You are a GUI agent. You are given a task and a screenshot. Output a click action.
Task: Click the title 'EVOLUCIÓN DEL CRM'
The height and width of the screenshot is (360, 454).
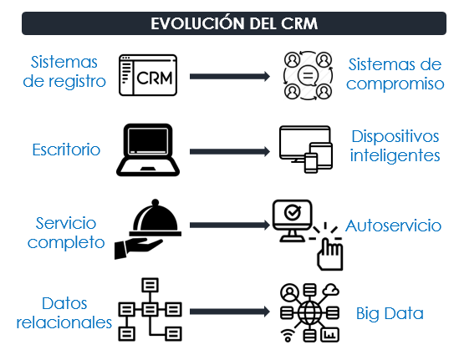click(x=234, y=23)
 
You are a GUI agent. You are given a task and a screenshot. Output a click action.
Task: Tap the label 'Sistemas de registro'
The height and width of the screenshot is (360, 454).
click(x=64, y=72)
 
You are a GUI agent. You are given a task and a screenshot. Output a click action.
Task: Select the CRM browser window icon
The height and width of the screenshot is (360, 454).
click(x=148, y=75)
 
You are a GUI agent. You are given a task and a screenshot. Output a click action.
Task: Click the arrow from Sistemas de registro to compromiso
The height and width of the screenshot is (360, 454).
click(x=230, y=76)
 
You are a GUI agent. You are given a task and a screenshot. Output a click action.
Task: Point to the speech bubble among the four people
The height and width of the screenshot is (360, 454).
click(x=308, y=76)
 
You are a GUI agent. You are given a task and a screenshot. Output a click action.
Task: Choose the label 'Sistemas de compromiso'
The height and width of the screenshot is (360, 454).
click(x=395, y=74)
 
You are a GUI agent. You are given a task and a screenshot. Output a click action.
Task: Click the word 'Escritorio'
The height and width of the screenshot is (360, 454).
click(x=66, y=150)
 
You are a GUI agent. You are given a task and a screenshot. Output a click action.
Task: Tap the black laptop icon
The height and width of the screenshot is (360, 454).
click(x=148, y=150)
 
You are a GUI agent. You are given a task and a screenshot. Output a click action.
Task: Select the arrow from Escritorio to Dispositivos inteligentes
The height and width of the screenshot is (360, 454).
click(x=230, y=151)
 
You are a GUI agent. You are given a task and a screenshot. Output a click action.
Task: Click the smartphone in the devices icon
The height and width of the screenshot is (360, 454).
click(x=311, y=163)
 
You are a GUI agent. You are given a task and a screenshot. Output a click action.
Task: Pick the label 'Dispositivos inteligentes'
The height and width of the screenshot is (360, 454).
click(x=395, y=146)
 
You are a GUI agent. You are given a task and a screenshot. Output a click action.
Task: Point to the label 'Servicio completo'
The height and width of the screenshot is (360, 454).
click(x=66, y=233)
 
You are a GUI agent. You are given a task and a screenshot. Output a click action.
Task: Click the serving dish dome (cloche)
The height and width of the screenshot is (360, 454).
click(x=156, y=217)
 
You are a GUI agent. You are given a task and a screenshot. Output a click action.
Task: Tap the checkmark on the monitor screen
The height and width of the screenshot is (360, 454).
click(x=293, y=212)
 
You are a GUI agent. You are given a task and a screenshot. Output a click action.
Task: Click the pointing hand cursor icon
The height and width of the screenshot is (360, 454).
click(x=330, y=255)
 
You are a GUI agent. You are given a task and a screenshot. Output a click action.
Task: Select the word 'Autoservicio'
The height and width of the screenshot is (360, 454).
click(x=393, y=226)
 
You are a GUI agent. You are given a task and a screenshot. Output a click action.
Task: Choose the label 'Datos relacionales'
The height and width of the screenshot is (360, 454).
click(x=64, y=313)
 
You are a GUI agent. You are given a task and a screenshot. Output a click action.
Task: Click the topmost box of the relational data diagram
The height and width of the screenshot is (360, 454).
click(x=150, y=285)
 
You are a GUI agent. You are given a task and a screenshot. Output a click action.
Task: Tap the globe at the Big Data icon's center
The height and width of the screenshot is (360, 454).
click(x=309, y=312)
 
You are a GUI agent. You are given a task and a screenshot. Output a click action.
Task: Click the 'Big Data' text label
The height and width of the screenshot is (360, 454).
click(x=390, y=314)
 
